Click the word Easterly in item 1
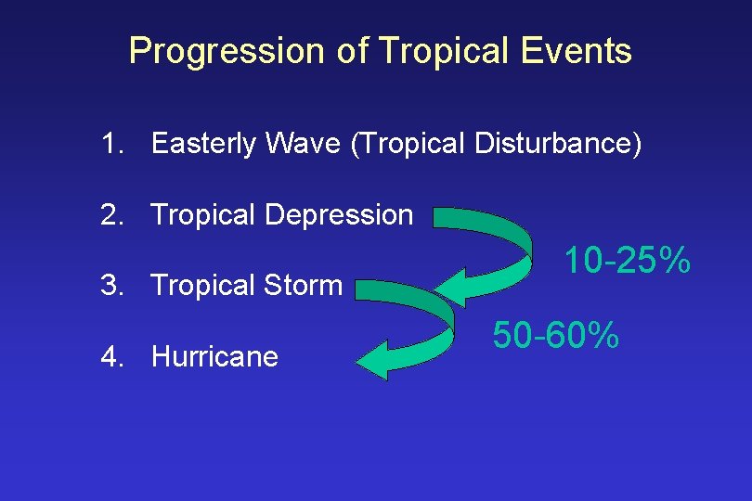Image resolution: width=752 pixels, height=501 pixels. [x=204, y=144]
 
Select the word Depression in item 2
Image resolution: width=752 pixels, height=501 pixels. [x=339, y=215]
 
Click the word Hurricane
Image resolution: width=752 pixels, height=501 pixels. [x=214, y=356]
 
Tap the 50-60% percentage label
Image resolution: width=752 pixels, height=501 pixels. [x=555, y=334]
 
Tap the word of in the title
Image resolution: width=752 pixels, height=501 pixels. [x=353, y=50]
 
